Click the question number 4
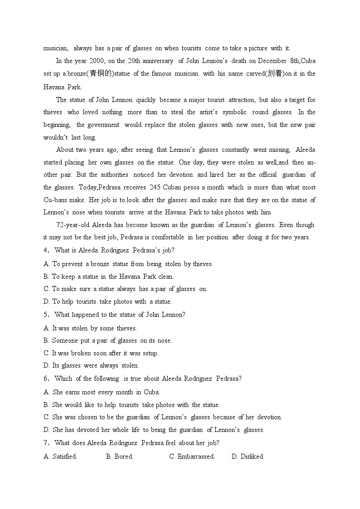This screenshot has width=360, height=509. click(x=46, y=250)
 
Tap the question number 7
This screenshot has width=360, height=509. click(x=46, y=443)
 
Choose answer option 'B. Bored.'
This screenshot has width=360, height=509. click(x=120, y=456)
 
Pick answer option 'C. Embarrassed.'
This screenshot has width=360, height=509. click(x=192, y=456)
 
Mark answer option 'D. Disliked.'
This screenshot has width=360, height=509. click(x=248, y=456)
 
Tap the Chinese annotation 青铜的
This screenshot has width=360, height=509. click(x=100, y=73)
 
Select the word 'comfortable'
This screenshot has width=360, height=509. click(x=168, y=237)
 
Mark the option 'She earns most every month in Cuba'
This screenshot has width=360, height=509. click(x=106, y=392)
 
